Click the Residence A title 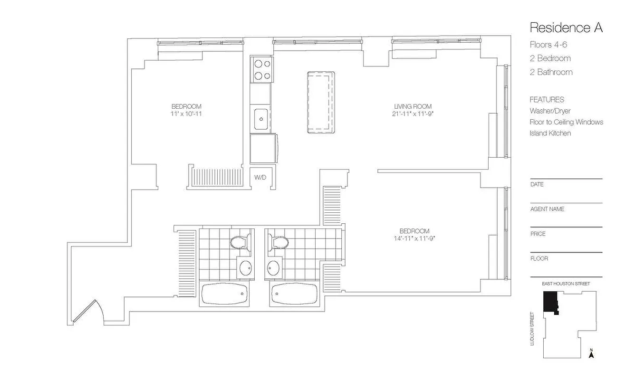coord(566,28)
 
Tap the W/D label coord(260,178)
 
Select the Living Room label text coord(413,106)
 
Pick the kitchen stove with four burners coord(261,69)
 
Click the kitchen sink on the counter coord(260,118)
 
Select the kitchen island coord(321,103)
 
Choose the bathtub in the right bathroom coord(294,295)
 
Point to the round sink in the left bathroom coord(245,268)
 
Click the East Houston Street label coord(566,284)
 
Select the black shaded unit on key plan coord(550,302)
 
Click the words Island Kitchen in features coord(550,133)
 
